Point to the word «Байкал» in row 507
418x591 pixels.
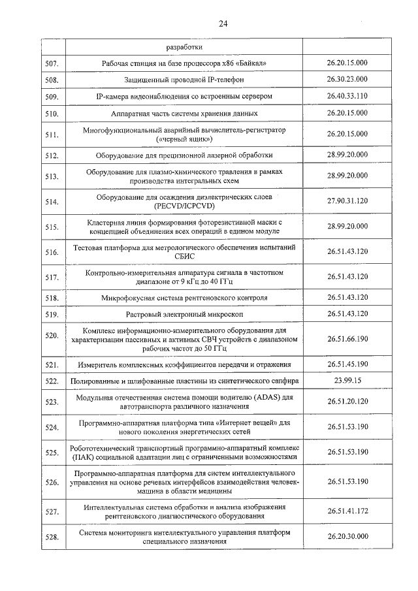click(x=252, y=63)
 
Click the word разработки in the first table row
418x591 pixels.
click(x=184, y=47)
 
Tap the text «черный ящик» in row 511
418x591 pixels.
click(x=184, y=140)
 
